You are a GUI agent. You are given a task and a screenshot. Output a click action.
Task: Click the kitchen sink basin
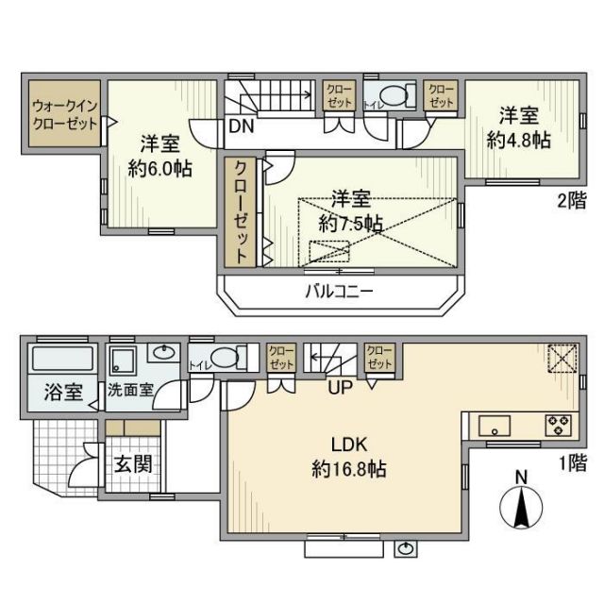pos(495,426)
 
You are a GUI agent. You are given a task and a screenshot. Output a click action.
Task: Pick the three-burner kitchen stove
pos(558,425)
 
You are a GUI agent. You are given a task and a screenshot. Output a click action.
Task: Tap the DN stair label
pos(238,125)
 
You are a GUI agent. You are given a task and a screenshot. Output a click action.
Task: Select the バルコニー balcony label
pos(338,292)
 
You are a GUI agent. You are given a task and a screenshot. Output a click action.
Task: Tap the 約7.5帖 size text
pos(350,224)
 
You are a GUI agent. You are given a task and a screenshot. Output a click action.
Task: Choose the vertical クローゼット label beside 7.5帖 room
pos(242,210)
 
